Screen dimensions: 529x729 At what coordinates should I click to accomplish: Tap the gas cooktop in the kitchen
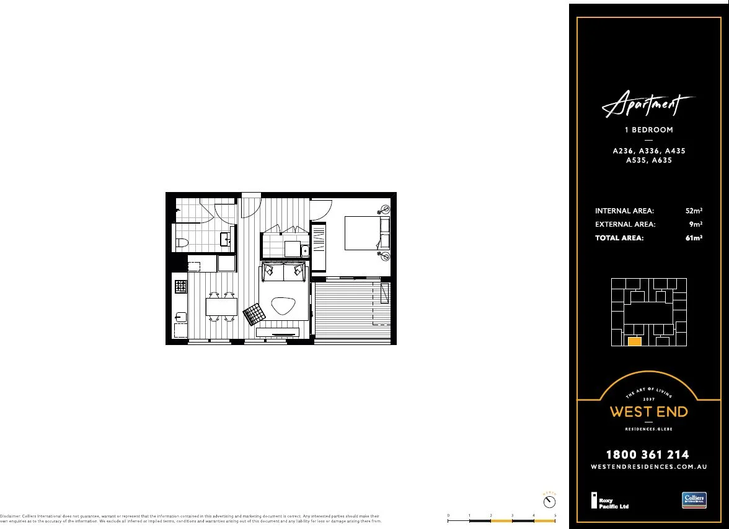181,286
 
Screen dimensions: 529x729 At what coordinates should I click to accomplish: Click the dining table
221,307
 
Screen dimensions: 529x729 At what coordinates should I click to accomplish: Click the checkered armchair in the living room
254,315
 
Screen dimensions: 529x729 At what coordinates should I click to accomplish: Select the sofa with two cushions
284,271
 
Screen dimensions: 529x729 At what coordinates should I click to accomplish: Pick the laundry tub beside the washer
304,250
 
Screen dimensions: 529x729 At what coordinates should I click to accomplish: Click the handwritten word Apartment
648,106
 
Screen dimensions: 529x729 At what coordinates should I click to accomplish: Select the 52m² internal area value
694,211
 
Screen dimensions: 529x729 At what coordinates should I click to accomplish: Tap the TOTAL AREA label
619,238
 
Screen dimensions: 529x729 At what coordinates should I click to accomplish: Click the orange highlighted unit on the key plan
634,341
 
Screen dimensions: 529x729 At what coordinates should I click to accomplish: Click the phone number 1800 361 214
648,455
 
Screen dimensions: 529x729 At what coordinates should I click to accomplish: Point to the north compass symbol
549,501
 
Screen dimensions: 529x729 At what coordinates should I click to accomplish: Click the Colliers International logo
694,500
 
